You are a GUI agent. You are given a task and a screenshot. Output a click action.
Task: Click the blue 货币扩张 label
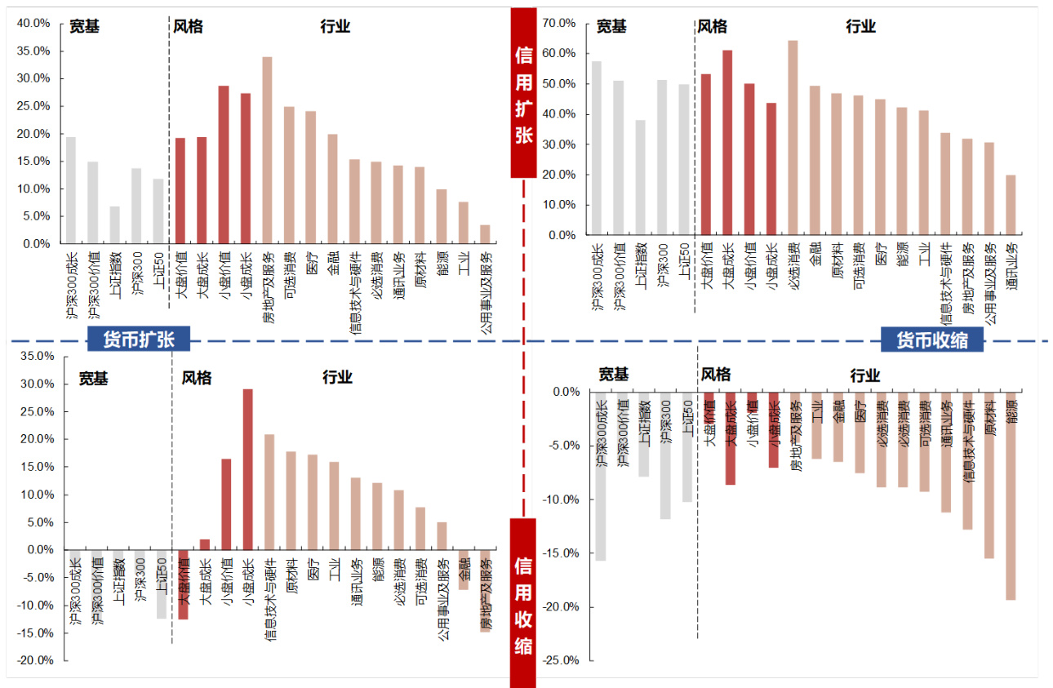[139, 340]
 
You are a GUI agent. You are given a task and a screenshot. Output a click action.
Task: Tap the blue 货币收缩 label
[932, 340]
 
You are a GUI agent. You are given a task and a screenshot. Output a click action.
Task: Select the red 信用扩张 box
[523, 93]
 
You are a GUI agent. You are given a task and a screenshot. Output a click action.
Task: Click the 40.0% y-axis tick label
[33, 24]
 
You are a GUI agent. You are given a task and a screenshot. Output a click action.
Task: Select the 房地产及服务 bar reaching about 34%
[267, 150]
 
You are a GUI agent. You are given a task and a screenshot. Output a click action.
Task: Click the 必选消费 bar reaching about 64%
[793, 138]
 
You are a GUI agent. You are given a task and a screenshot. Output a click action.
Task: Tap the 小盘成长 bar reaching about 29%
[247, 469]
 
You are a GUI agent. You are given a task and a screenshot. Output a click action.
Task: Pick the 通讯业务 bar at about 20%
[1011, 205]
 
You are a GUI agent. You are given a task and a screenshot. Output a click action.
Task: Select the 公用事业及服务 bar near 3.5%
[485, 234]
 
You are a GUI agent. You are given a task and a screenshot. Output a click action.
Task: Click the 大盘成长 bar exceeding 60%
[727, 143]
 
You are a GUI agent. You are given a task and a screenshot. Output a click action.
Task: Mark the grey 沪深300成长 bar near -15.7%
[601, 476]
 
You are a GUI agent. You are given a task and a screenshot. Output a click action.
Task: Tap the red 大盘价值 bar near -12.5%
[183, 584]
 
